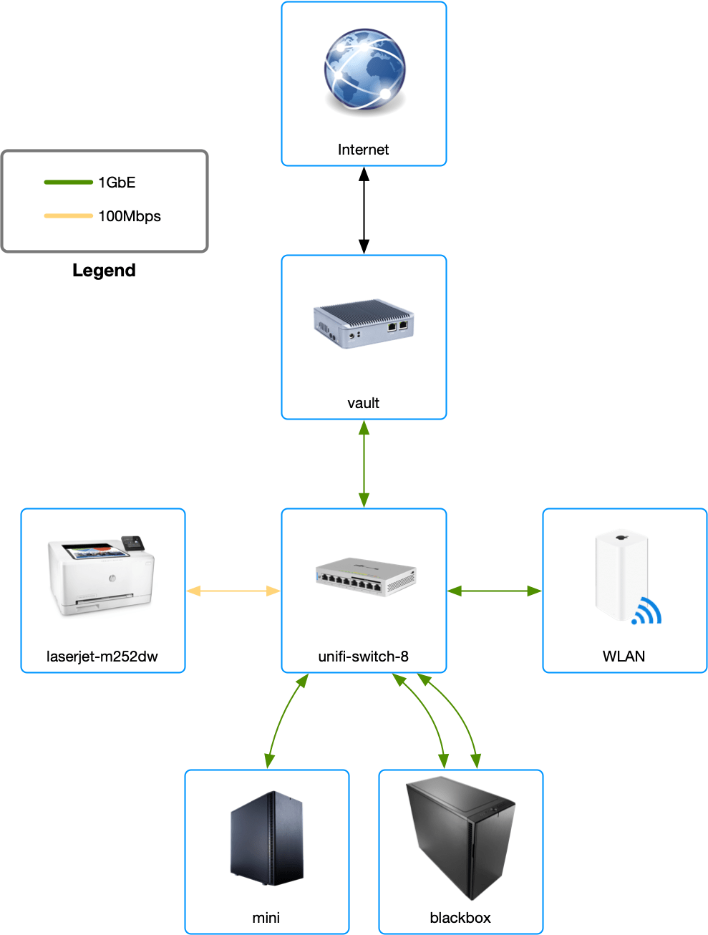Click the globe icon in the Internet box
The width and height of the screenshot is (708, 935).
364,70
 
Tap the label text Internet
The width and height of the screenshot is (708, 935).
364,150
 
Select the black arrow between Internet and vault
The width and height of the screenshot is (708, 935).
364,210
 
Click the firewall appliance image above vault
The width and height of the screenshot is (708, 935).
364,324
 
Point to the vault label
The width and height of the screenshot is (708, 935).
364,403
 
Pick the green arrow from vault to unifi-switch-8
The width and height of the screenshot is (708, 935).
364,464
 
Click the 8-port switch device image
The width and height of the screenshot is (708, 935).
366,577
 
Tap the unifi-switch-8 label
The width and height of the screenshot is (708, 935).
364,657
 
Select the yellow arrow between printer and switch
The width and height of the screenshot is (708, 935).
233,591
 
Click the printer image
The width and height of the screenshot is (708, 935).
101,576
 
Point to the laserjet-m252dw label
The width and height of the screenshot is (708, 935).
102,657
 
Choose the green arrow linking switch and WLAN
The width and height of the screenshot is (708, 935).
494,591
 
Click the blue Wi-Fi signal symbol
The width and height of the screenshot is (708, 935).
647,611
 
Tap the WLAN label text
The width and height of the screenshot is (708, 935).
624,657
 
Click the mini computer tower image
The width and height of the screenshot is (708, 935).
266,838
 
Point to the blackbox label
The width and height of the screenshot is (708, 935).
460,918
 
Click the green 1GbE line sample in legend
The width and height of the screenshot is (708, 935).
69,182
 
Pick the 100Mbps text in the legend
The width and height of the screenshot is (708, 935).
130,216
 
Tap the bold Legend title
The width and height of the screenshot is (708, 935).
104,271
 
